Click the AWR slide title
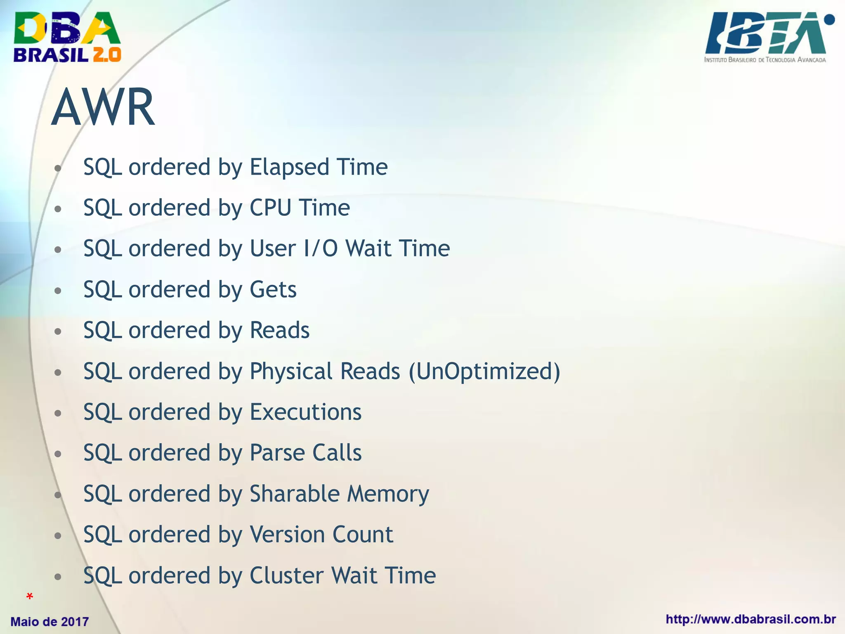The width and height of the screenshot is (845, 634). click(x=103, y=107)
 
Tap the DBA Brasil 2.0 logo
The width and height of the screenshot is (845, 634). click(x=67, y=37)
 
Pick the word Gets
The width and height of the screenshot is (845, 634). click(x=273, y=289)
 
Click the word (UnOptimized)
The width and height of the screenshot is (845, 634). click(x=484, y=371)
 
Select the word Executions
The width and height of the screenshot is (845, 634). click(x=306, y=412)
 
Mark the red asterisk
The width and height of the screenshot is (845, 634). click(x=29, y=596)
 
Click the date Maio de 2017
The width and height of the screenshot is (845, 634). click(x=50, y=622)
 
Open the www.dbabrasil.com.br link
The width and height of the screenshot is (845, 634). click(x=751, y=620)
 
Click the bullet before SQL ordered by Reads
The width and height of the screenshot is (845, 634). click(x=58, y=331)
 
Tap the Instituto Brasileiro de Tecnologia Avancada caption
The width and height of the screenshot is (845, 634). click(x=765, y=60)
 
